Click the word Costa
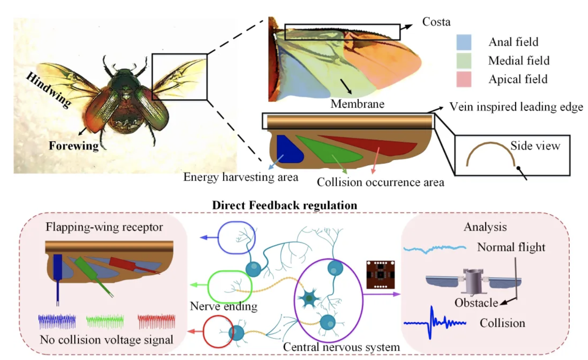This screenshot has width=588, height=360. [x=436, y=22]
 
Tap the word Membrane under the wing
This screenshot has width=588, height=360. [x=357, y=104]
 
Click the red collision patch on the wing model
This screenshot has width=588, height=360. [x=375, y=145]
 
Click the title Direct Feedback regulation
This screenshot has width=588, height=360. [x=285, y=205]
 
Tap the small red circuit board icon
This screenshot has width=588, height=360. [x=378, y=275]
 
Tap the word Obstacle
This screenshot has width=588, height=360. [x=476, y=303]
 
